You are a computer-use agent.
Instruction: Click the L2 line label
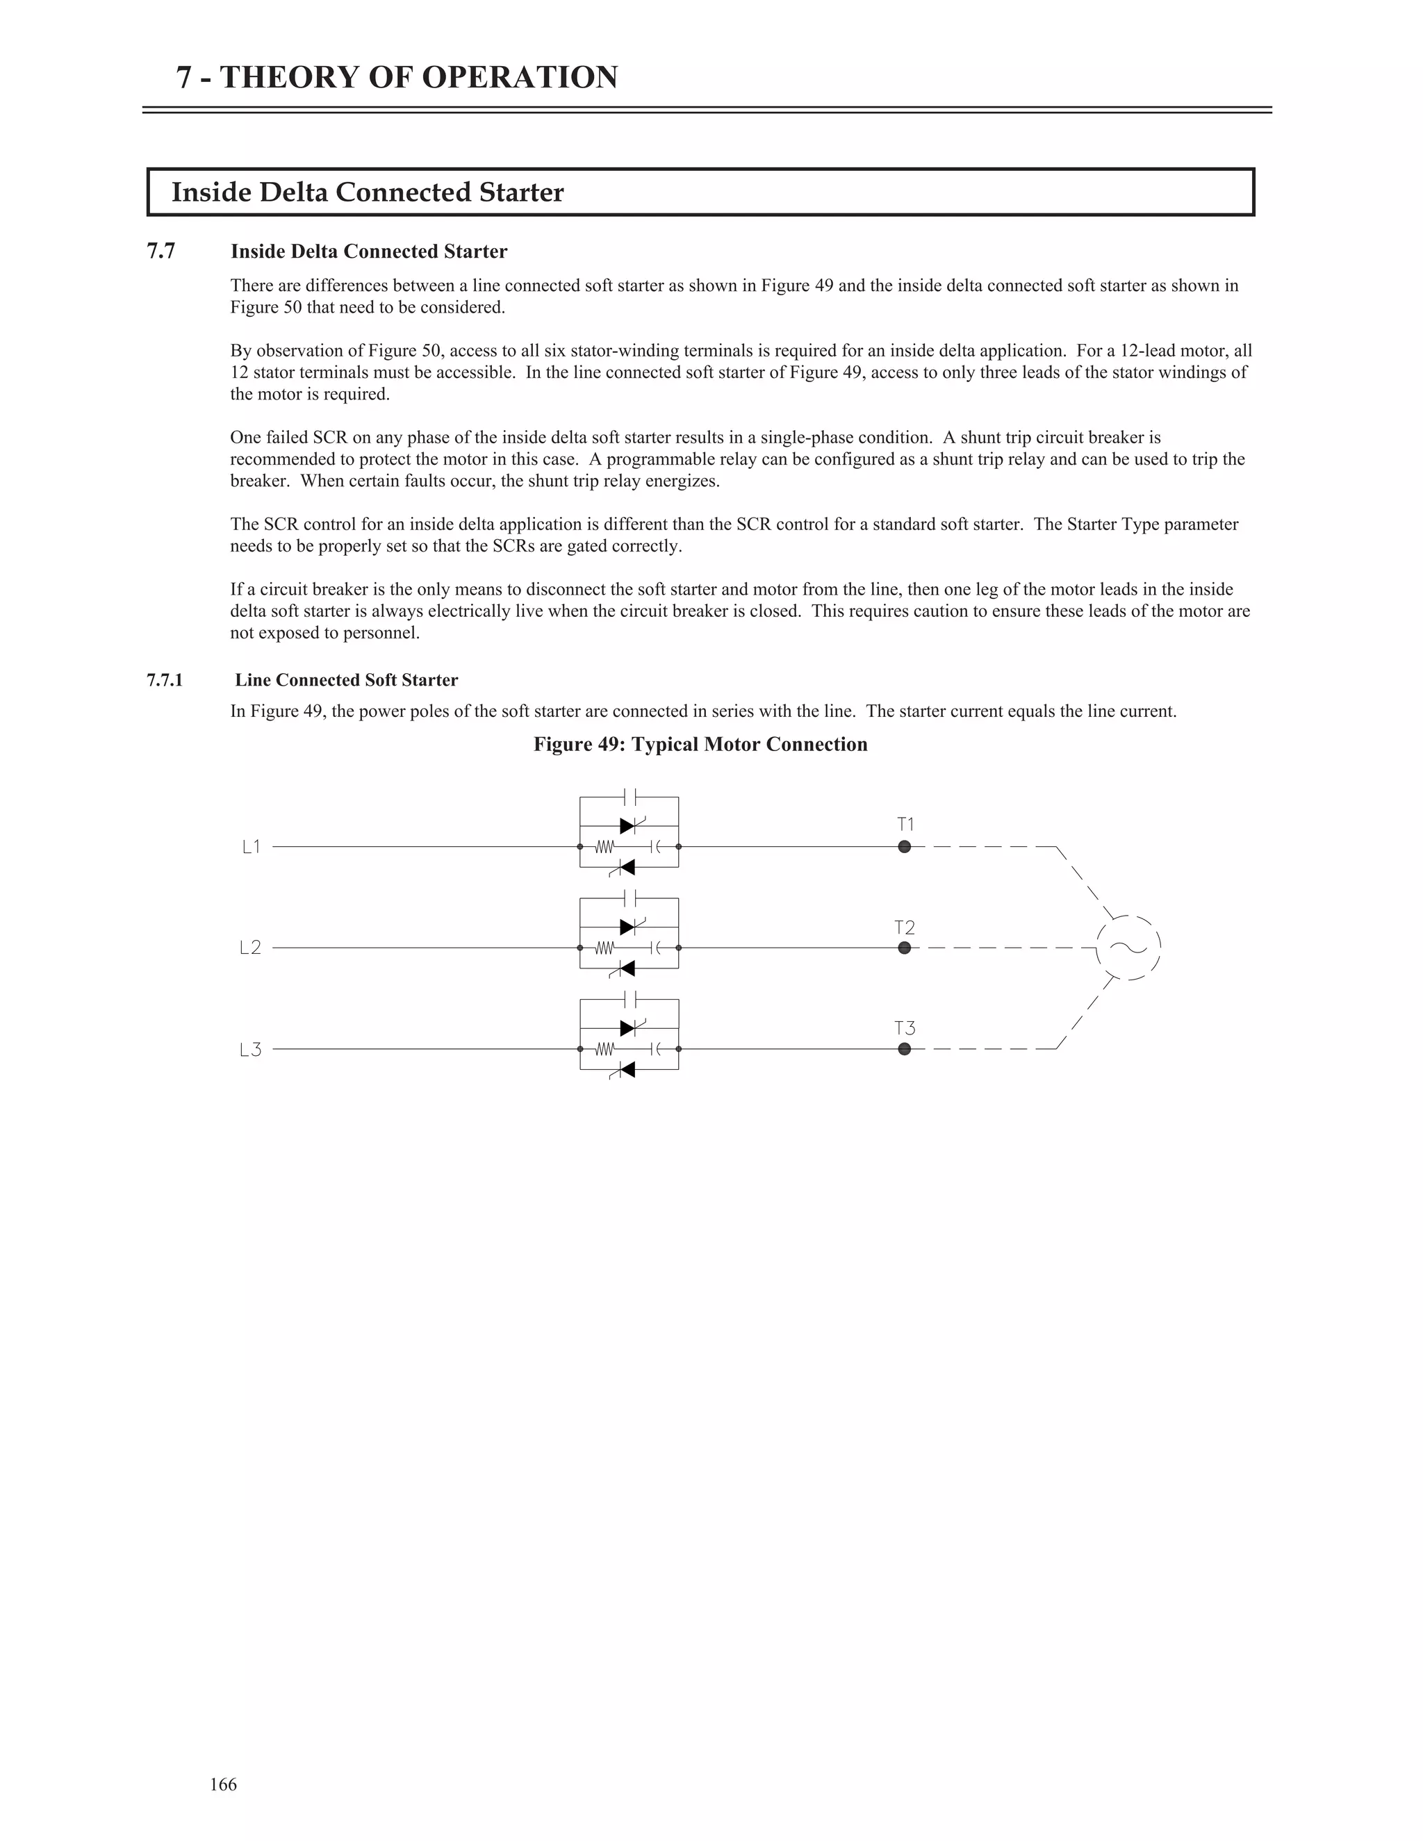click(x=250, y=948)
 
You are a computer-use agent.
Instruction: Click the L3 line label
click(x=250, y=1050)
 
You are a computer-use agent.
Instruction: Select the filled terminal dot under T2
click(x=905, y=948)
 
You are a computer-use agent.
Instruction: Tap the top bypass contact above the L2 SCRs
click(x=630, y=897)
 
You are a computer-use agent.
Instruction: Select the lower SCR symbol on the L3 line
click(x=625, y=1070)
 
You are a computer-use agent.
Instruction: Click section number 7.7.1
click(x=165, y=680)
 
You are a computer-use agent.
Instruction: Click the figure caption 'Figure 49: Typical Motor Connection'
click(x=700, y=744)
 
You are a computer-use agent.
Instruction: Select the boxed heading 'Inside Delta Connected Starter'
click(x=368, y=192)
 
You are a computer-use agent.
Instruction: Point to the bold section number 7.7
click(x=161, y=251)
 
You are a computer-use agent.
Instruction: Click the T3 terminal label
click(x=905, y=1028)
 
